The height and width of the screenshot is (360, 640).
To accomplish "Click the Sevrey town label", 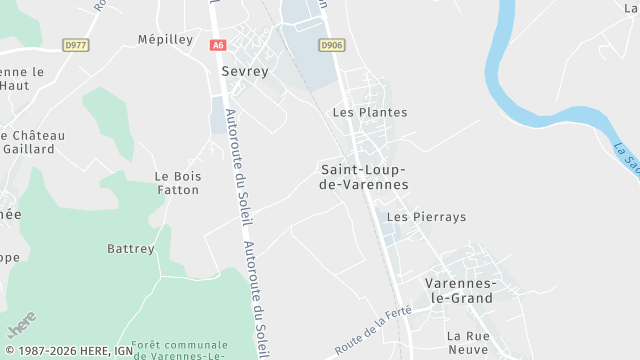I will [x=245, y=72].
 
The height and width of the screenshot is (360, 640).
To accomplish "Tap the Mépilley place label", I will [x=164, y=39].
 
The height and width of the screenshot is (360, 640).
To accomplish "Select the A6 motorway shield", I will [x=218, y=45].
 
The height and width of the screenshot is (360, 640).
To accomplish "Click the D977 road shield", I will [x=74, y=45].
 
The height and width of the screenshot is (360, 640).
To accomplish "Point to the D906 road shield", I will [x=332, y=45].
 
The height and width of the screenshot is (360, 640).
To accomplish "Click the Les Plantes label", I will [x=370, y=113].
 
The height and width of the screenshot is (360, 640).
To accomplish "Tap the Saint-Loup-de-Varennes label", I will [x=364, y=176].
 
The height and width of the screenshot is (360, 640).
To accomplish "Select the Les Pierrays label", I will [x=426, y=216].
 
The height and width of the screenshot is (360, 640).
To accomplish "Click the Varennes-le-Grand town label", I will [x=459, y=290].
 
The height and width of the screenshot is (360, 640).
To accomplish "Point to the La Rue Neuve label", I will [x=467, y=342].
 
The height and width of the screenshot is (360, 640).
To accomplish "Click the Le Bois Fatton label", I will [x=178, y=183].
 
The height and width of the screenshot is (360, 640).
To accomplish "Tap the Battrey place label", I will [x=131, y=248].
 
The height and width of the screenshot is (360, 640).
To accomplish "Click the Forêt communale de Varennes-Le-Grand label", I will [x=180, y=349].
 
